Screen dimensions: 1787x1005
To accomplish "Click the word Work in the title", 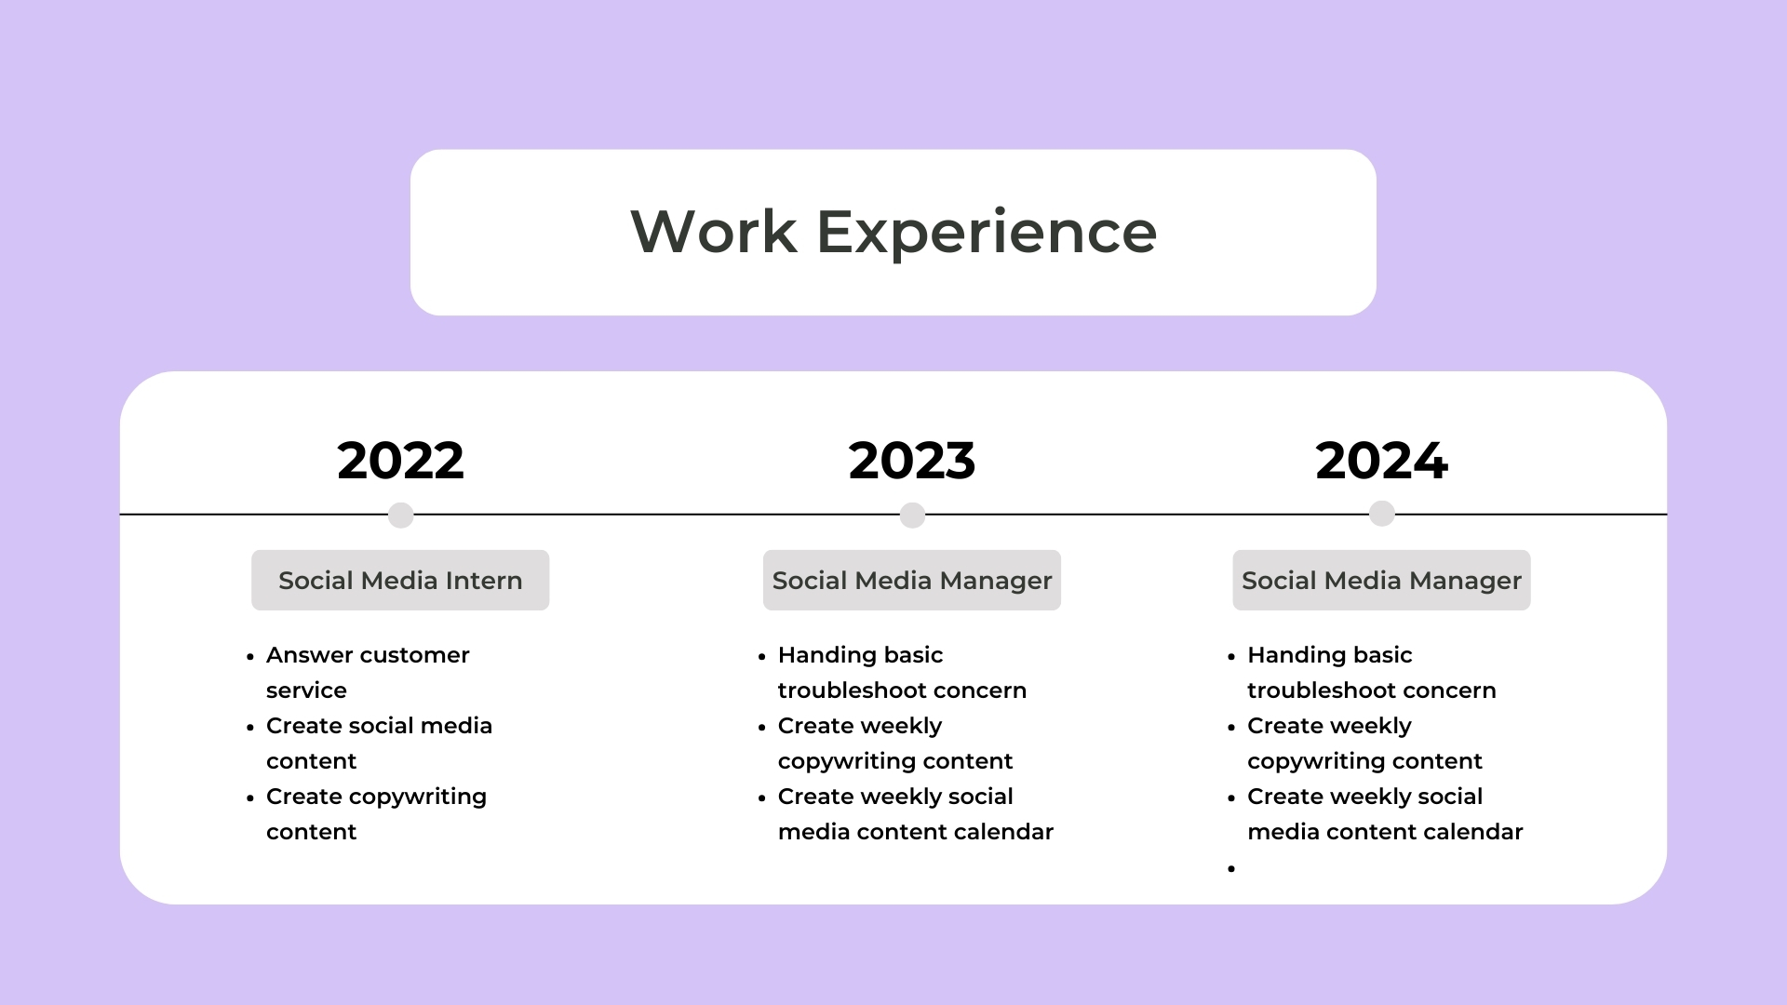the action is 714,232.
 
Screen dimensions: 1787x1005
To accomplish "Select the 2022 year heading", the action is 400,461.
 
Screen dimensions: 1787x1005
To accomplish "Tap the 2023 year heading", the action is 912,461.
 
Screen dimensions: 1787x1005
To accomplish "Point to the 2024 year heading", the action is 1381,461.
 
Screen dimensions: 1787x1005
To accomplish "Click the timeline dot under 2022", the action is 400,515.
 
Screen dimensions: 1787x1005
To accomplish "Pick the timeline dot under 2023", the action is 912,515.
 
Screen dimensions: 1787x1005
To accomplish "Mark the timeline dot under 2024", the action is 1382,514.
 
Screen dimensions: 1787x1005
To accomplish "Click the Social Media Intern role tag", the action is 400,581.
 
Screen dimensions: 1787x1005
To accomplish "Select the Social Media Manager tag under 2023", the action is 912,581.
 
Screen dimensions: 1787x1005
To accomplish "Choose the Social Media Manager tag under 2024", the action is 1381,581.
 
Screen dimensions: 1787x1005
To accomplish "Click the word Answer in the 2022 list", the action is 309,655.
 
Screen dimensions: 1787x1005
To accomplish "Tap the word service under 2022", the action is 306,690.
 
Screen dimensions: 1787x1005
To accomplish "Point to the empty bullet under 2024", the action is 1231,868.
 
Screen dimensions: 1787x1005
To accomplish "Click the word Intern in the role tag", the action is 483,581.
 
